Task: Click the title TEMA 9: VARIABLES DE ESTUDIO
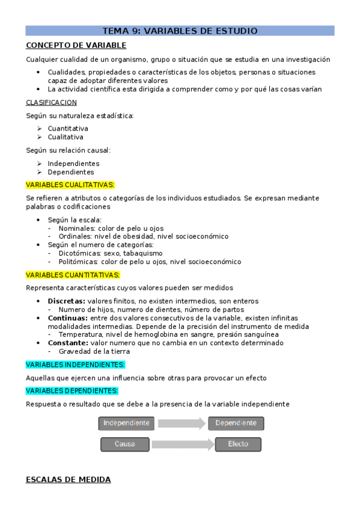(180, 31)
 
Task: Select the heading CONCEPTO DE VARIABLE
(76, 45)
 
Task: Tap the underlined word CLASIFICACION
(51, 102)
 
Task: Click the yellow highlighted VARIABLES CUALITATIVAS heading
(70, 185)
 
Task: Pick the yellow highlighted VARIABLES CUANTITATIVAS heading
(73, 275)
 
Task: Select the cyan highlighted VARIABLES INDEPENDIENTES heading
(75, 364)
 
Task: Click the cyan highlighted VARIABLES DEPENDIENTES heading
(72, 390)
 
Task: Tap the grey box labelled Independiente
(126, 423)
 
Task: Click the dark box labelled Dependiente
(236, 423)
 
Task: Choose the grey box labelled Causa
(125, 444)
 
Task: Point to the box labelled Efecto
(238, 444)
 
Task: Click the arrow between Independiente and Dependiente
(182, 423)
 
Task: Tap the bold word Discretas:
(67, 301)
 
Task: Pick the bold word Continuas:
(68, 318)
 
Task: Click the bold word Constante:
(69, 343)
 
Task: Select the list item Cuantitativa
(68, 129)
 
